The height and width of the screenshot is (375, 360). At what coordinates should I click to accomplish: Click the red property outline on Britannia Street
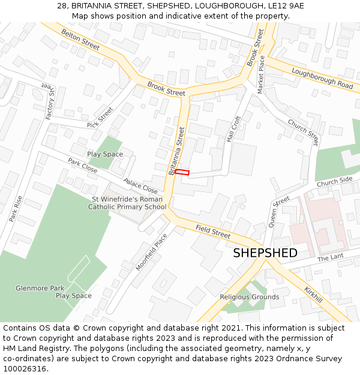182,172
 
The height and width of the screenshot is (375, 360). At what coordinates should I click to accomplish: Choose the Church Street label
303,132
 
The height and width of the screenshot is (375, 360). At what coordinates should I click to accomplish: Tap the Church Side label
334,181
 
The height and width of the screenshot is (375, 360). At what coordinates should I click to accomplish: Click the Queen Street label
279,211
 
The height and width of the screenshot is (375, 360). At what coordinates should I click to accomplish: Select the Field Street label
213,231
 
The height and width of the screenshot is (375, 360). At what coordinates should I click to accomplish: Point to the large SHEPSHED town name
265,253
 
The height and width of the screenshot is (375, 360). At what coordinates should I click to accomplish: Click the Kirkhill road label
313,294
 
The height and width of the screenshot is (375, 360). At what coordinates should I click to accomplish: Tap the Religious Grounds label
249,297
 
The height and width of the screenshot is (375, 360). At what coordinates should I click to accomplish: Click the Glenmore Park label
40,288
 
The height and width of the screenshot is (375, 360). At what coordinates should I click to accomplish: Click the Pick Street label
100,117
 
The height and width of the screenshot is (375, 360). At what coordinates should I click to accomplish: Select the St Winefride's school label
127,203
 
